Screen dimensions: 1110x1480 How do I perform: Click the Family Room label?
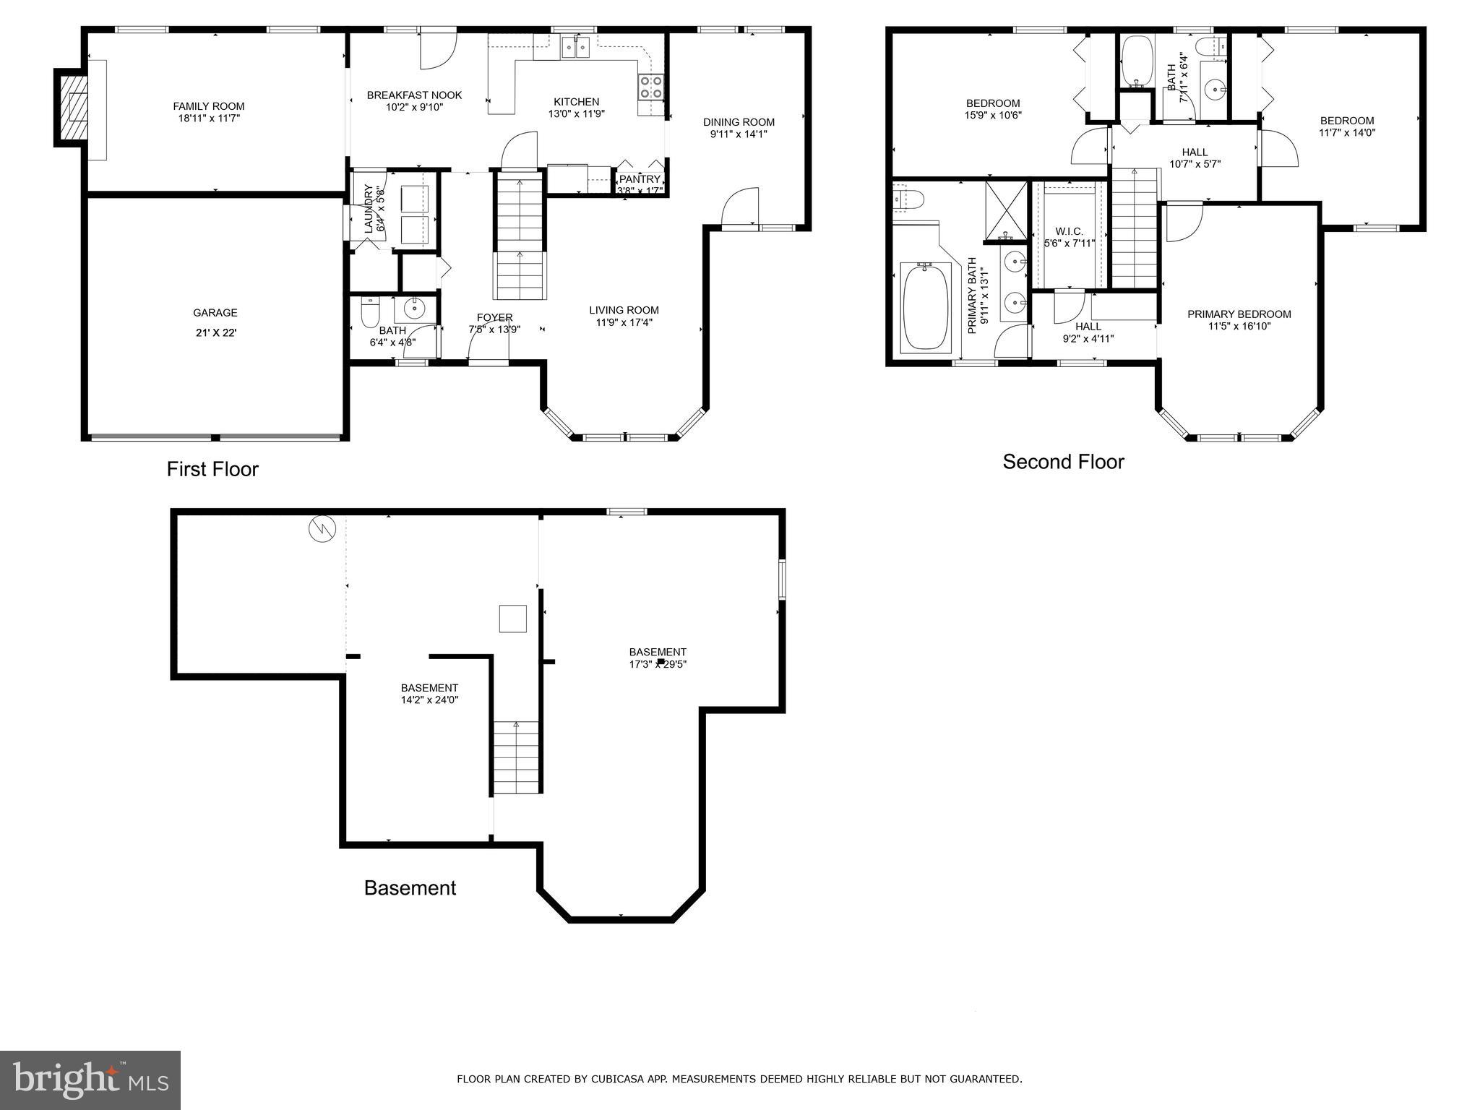[x=208, y=106]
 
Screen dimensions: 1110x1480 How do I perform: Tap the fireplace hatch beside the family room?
[x=73, y=108]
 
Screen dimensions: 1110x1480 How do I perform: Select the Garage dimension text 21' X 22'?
[x=215, y=332]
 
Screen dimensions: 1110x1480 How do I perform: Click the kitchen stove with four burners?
[x=650, y=87]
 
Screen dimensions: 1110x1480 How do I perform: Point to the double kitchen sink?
[x=577, y=48]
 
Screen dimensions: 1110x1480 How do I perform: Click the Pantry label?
[x=640, y=179]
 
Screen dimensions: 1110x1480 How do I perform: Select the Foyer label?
[x=494, y=317]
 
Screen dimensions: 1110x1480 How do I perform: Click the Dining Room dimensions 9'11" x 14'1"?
[x=739, y=134]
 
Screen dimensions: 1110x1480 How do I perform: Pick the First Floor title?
[x=212, y=469]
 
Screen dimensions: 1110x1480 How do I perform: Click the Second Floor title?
[x=1063, y=462]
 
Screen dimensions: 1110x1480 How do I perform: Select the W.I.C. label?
[x=1069, y=231]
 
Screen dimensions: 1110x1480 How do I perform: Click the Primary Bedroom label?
[x=1239, y=314]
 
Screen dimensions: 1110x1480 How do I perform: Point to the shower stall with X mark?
[x=1006, y=210]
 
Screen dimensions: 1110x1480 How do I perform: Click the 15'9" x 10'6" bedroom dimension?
[x=993, y=115]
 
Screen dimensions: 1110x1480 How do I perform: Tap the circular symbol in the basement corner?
[x=322, y=529]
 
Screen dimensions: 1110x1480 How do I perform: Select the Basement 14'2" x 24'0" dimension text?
[x=429, y=700]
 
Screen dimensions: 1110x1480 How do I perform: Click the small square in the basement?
[x=512, y=619]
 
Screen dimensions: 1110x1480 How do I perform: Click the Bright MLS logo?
[x=90, y=1080]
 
